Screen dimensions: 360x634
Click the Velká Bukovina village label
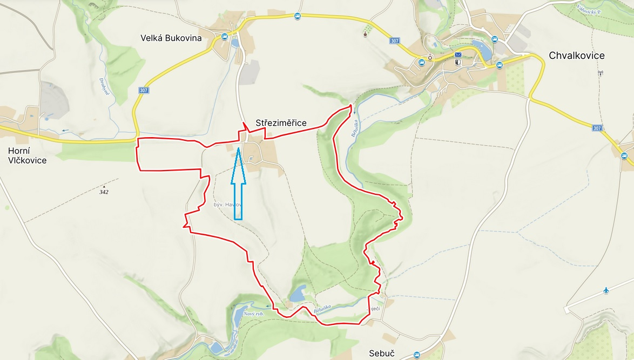click(x=171, y=38)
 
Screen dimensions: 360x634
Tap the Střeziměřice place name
click(x=281, y=123)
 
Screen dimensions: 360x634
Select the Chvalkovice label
click(x=576, y=56)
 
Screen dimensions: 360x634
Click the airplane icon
click(x=606, y=291)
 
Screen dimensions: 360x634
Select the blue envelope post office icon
click(x=458, y=55)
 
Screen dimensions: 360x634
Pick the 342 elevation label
click(x=104, y=192)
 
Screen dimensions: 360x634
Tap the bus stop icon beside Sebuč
click(x=416, y=355)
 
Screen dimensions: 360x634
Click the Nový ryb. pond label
click(x=253, y=314)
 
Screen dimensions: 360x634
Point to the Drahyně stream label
click(x=104, y=87)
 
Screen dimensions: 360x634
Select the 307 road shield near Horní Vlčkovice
click(x=143, y=90)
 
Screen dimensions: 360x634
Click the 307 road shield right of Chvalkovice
click(x=597, y=128)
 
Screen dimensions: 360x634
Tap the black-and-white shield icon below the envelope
click(x=458, y=62)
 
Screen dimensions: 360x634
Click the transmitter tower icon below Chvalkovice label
click(x=600, y=72)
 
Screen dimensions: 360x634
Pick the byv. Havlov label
click(x=227, y=205)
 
